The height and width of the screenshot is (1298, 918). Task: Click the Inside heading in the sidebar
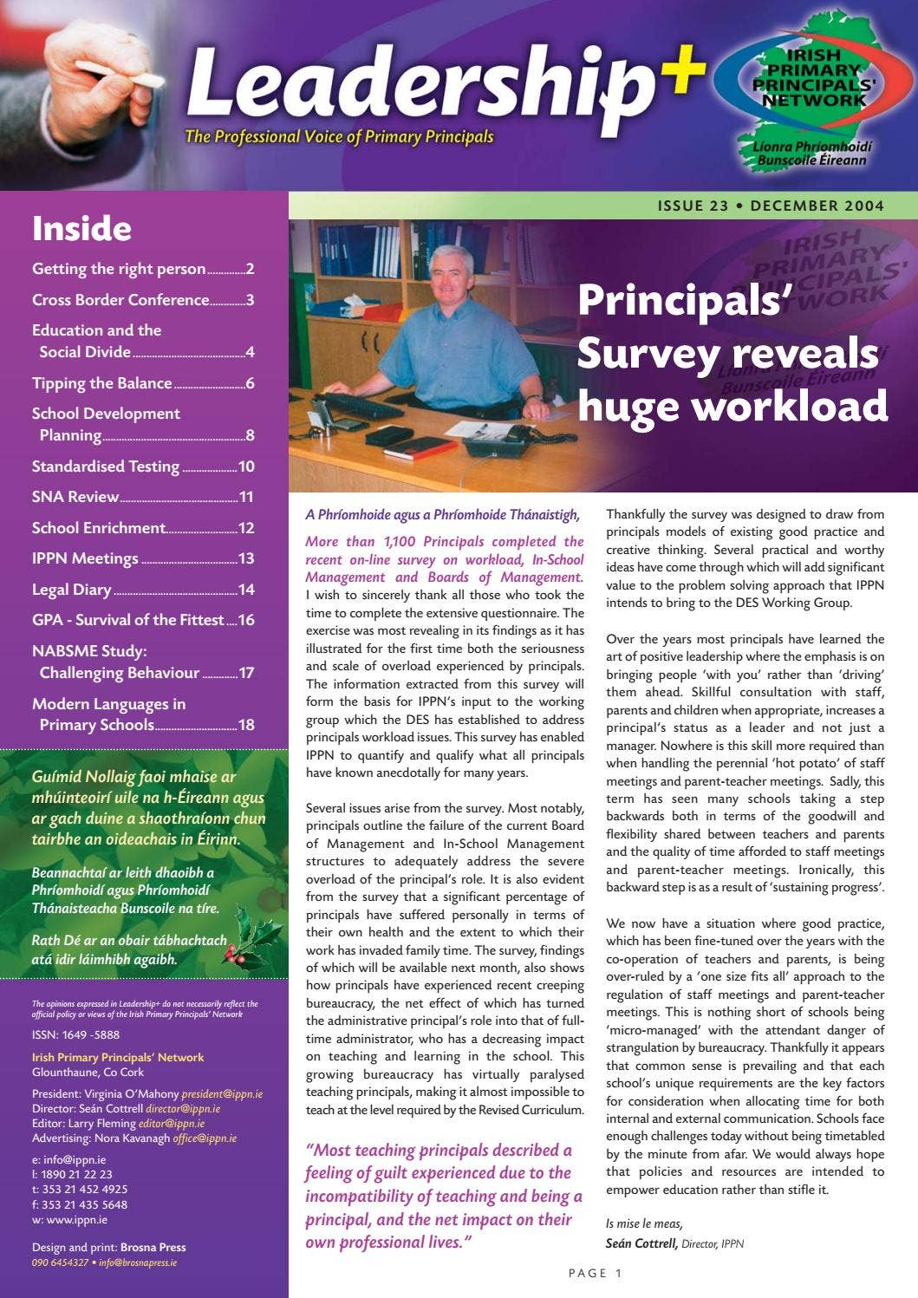(81, 229)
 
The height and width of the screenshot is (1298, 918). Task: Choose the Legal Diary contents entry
(72, 590)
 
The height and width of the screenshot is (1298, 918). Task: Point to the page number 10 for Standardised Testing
(246, 466)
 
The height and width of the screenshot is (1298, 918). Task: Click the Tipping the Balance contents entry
(101, 383)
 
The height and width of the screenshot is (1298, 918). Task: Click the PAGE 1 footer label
(596, 1273)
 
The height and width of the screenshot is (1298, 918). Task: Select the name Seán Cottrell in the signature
(641, 1243)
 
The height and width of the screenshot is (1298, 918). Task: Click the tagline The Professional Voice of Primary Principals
(339, 137)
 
